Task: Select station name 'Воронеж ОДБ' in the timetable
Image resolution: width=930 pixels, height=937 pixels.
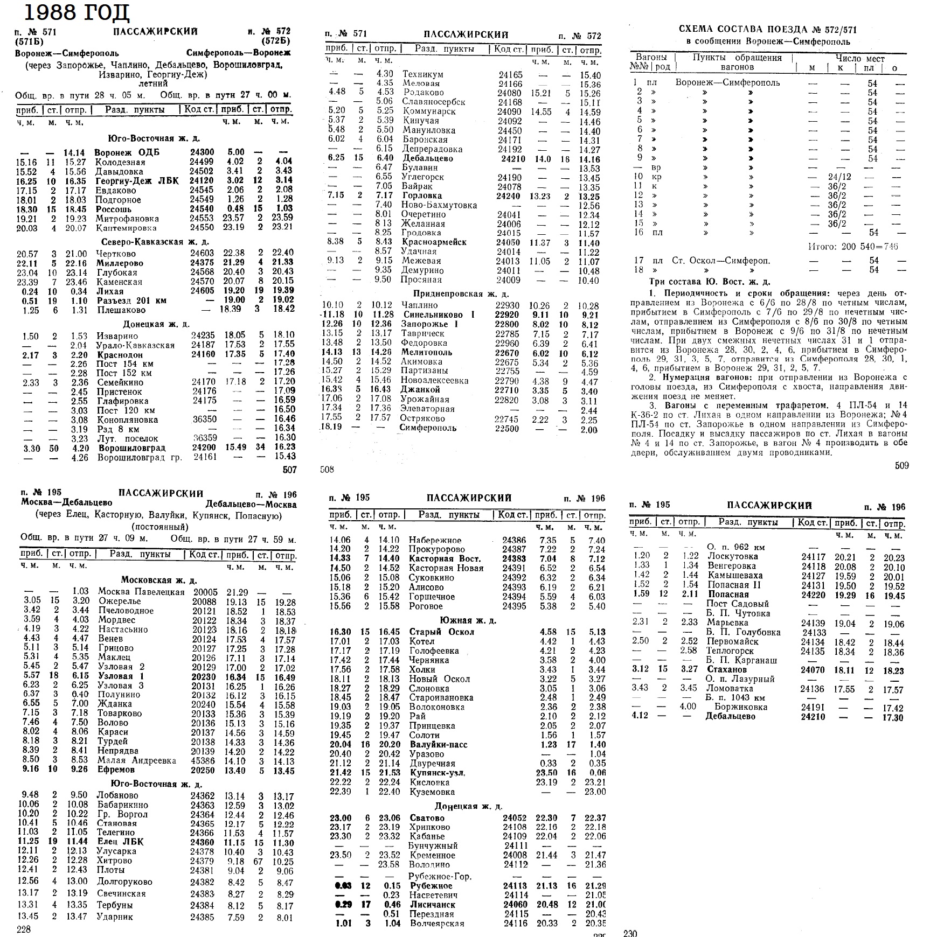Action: tap(127, 152)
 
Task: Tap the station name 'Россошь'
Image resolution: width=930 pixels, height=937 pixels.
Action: tap(114, 209)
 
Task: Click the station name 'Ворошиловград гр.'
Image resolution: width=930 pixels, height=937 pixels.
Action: tap(140, 458)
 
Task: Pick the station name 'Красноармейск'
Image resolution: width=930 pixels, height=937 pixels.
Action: tap(434, 242)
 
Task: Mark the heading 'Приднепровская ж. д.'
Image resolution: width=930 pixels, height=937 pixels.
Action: tap(461, 294)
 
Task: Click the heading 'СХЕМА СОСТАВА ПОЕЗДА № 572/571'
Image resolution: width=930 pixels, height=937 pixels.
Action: tap(768, 30)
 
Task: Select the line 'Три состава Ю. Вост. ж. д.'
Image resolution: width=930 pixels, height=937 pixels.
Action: tap(710, 282)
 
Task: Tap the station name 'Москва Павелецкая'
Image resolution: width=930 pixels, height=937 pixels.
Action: tap(141, 591)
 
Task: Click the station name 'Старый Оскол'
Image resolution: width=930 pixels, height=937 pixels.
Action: tap(441, 632)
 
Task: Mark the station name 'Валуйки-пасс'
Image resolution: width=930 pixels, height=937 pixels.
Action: tap(438, 745)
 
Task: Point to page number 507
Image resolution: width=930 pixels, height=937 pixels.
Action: tap(289, 470)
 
